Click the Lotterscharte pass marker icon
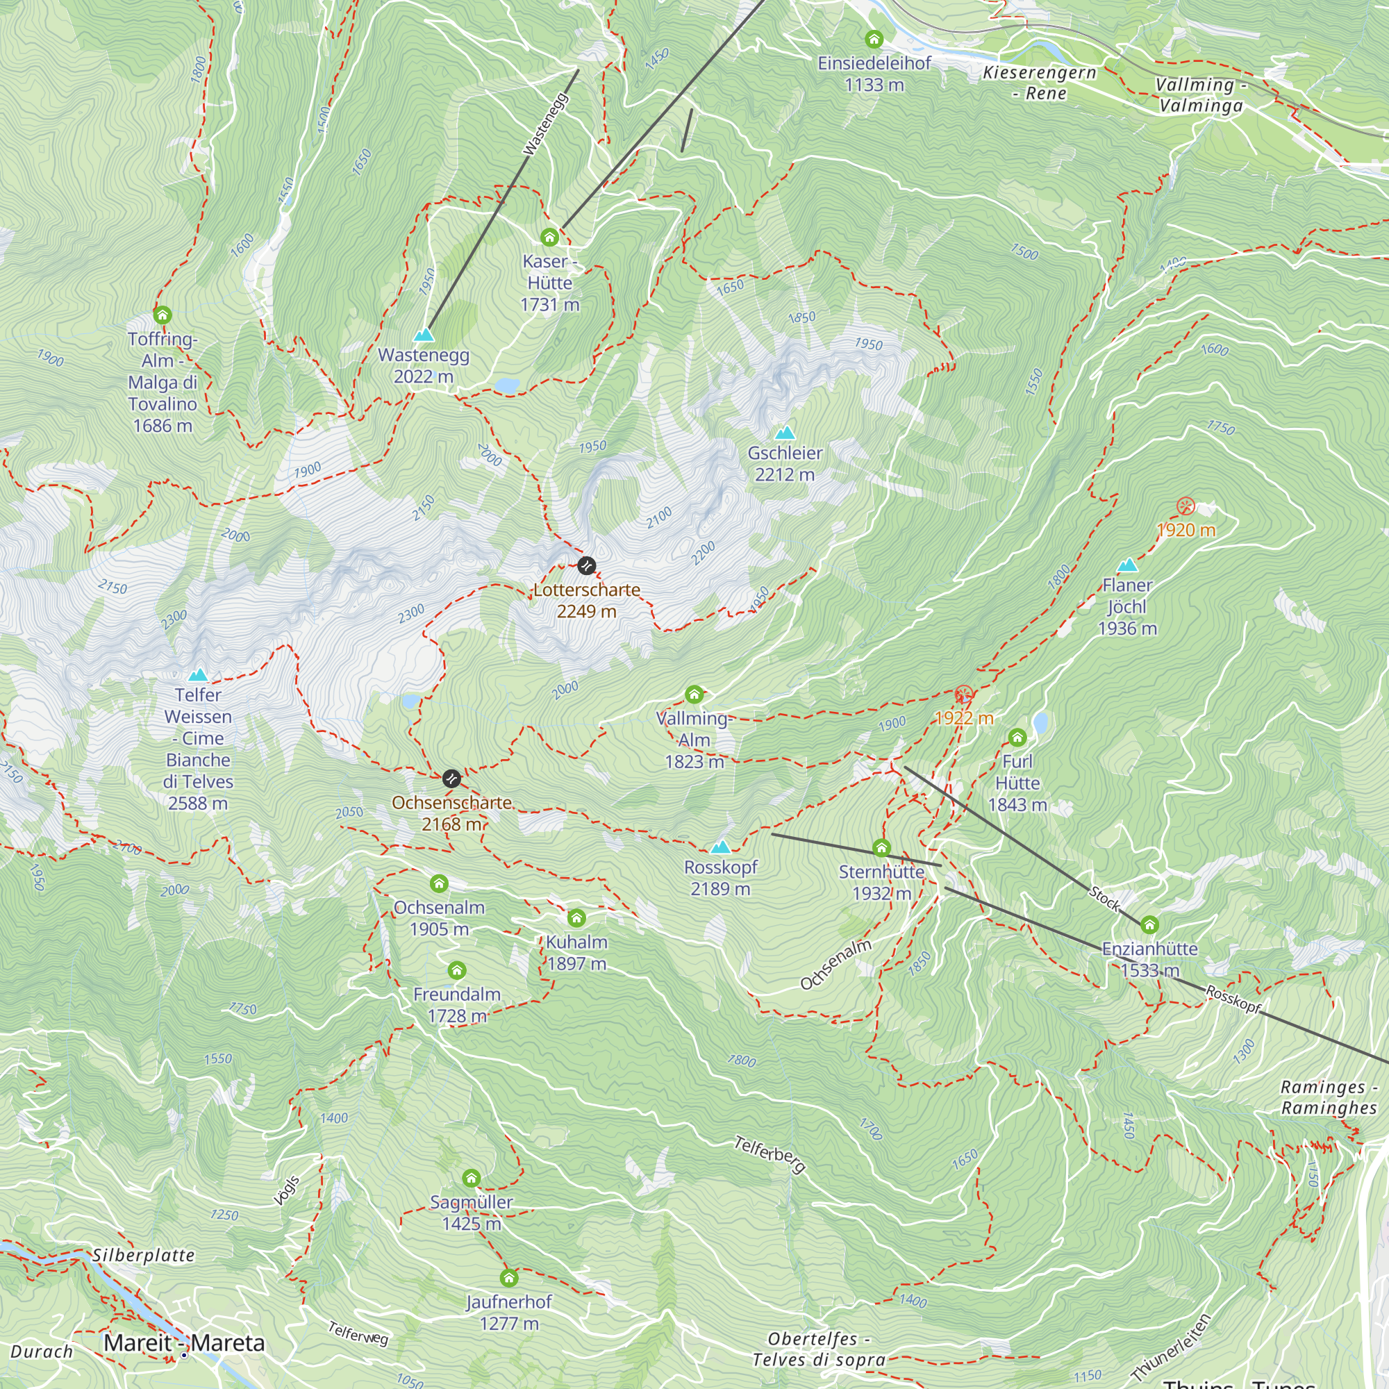point(587,566)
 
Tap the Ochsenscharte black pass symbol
point(451,779)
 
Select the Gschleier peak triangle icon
point(784,433)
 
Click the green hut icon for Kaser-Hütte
point(549,238)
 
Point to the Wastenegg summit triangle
point(424,335)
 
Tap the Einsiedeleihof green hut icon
point(874,39)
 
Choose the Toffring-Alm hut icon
point(163,315)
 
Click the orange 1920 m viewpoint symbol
point(1186,507)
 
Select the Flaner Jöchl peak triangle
point(1127,565)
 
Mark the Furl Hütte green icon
point(1017,738)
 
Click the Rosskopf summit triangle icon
point(720,847)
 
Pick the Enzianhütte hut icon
point(1149,924)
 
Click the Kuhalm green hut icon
point(576,918)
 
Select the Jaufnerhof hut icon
point(509,1278)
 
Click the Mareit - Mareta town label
point(184,1343)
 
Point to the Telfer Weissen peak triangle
point(198,675)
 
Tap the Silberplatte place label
point(144,1255)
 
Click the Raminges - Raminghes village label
point(1329,1097)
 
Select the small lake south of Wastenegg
point(508,386)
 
